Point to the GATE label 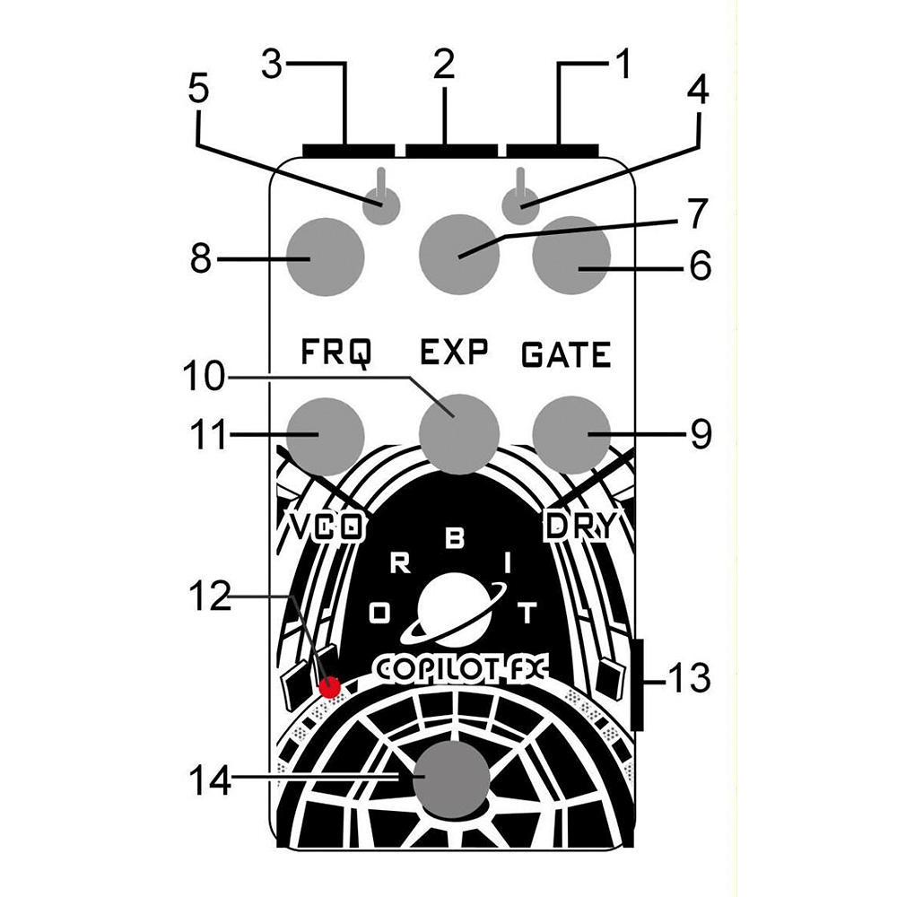pos(565,355)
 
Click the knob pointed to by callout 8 pos(327,257)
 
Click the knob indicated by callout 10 pos(458,433)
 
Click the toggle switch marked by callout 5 pos(385,205)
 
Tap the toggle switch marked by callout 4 pos(518,205)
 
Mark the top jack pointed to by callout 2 pos(450,149)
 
